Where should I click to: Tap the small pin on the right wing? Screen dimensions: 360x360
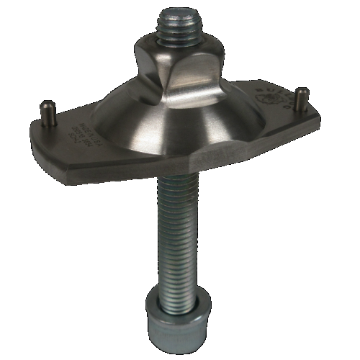[x=303, y=98]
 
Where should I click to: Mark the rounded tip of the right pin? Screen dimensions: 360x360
[x=303, y=91]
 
